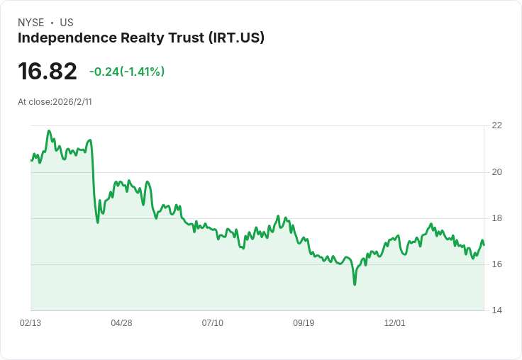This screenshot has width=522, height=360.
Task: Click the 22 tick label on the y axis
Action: pos(496,125)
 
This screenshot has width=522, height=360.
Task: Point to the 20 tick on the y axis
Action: pos(496,172)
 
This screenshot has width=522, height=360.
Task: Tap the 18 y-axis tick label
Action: pos(496,218)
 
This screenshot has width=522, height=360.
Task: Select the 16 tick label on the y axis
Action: pos(496,264)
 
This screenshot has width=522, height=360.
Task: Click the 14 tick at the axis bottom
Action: pos(496,310)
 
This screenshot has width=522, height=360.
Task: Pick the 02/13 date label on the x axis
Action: pos(30,323)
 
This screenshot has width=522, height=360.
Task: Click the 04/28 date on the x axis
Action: pos(121,323)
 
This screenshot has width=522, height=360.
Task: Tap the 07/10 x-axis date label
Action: pos(212,323)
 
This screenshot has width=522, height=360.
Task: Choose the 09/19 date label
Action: pos(304,323)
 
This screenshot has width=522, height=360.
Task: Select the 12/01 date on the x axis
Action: pos(394,323)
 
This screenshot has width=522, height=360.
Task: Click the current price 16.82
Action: pos(48,72)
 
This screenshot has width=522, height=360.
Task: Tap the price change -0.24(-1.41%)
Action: pos(127,72)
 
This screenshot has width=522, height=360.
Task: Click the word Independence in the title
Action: pos(62,38)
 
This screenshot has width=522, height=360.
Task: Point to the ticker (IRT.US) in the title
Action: pos(236,38)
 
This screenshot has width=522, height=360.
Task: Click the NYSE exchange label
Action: pos(30,23)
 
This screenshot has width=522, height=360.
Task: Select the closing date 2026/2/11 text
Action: pos(72,102)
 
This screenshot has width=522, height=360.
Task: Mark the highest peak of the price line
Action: pos(49,130)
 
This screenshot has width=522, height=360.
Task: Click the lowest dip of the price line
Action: pos(355,284)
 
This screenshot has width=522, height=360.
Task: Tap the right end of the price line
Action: pos(484,244)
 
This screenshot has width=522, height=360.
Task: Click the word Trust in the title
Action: pos(184,38)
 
